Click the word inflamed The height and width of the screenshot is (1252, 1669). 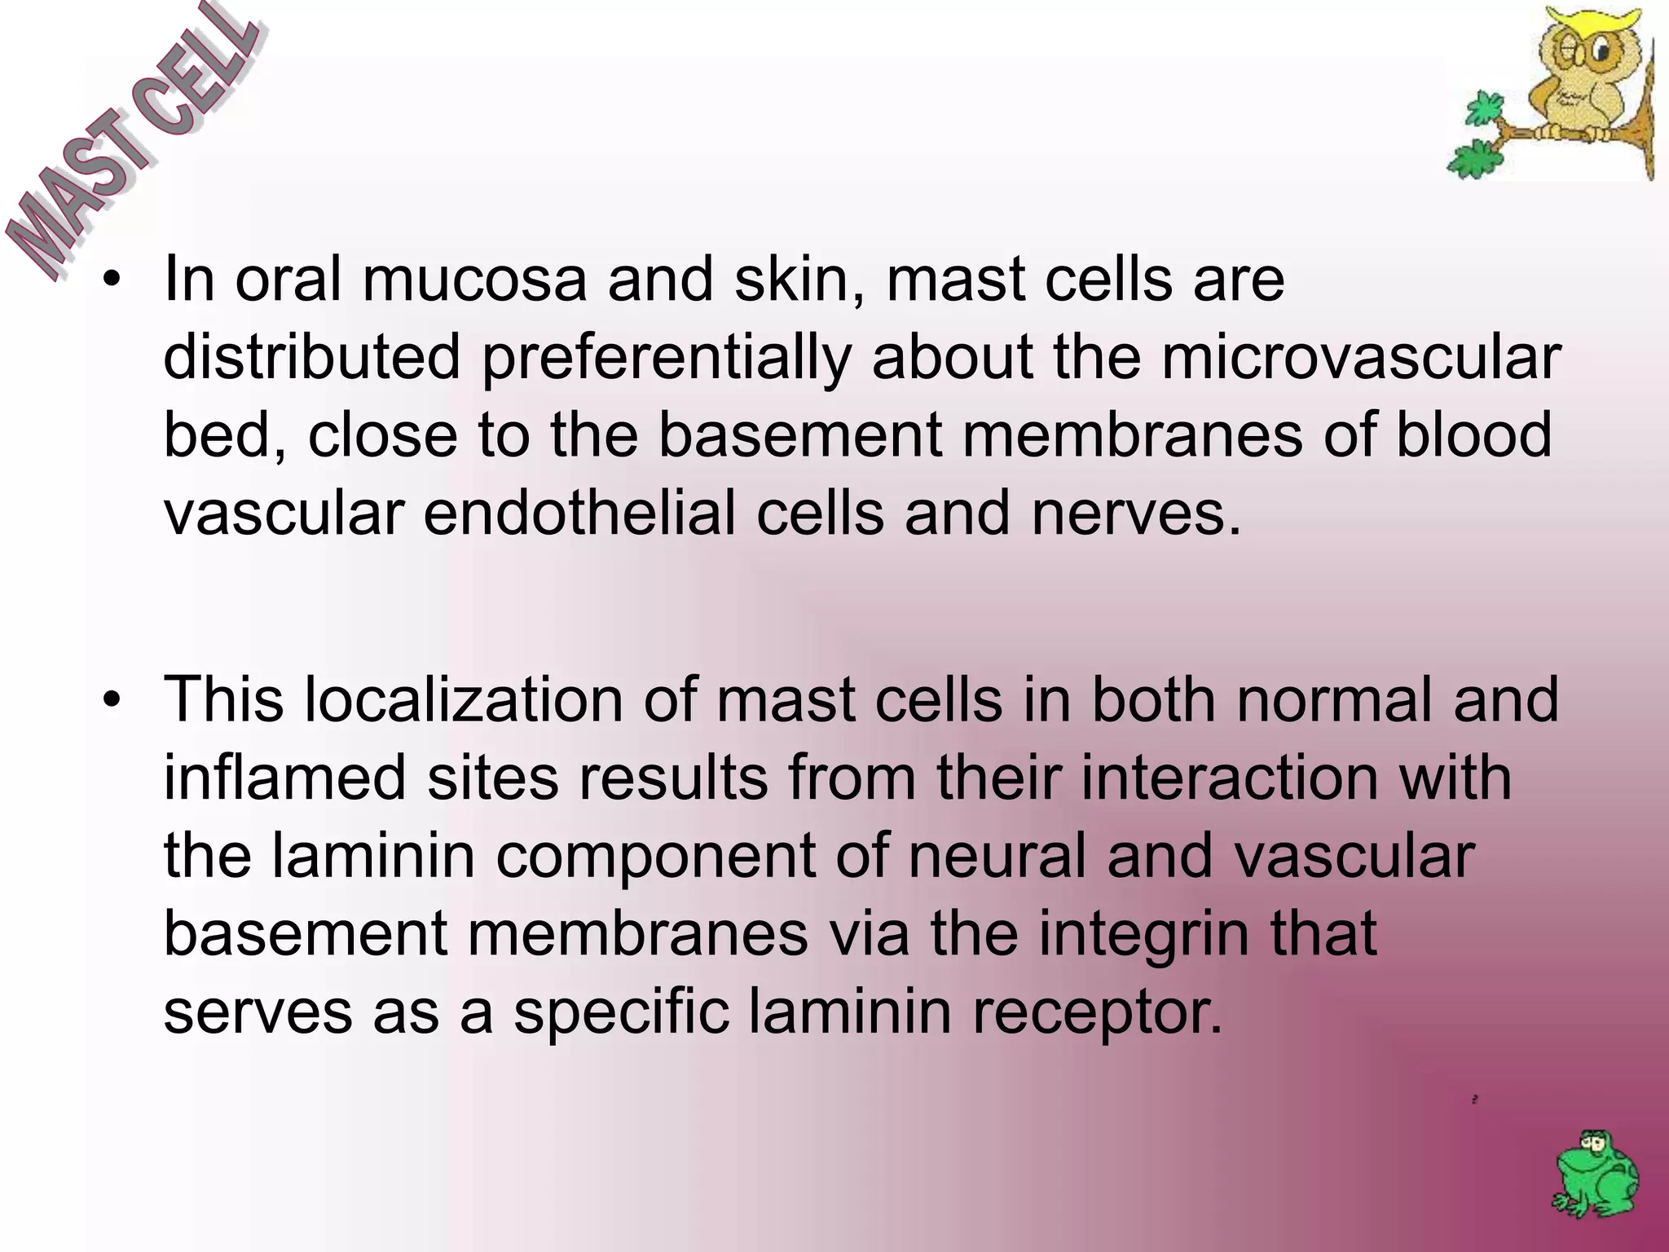284,778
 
